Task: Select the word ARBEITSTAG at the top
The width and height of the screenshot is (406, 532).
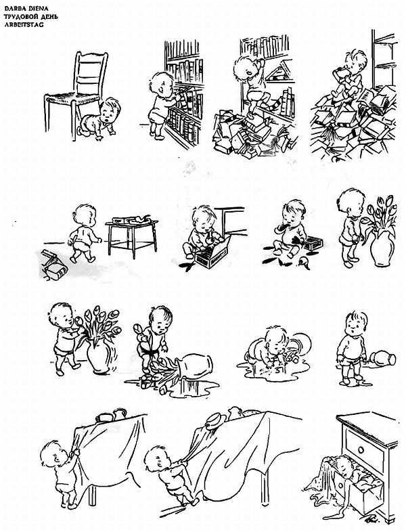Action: pos(24,24)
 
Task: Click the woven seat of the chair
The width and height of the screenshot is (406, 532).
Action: pos(72,98)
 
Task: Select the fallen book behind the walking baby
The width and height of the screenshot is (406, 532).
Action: pos(54,265)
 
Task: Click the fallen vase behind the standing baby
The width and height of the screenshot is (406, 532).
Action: pos(382,359)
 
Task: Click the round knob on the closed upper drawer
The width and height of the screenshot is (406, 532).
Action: pos(361,450)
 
